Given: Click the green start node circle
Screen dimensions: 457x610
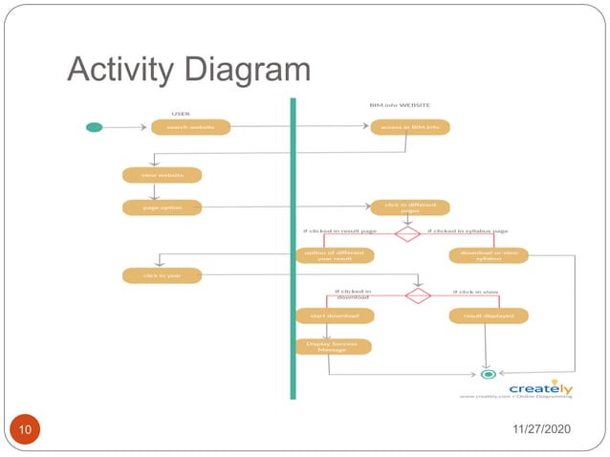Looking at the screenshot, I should tap(94, 127).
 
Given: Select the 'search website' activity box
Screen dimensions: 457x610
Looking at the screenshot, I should tap(190, 127).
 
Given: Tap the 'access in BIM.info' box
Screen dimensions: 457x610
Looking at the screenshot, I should tap(409, 127).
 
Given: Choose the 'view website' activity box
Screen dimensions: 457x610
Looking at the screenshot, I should tap(162, 175).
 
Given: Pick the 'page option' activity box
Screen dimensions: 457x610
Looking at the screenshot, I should tap(162, 207).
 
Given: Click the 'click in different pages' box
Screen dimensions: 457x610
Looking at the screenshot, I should tap(409, 207).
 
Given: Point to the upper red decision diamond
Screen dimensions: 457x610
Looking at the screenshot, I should tap(408, 232).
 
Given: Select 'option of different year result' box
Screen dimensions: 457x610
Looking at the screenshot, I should tap(334, 255).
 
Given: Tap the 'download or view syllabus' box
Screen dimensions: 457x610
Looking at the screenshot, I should tap(488, 255).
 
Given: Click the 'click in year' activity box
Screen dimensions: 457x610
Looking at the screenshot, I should tap(162, 275).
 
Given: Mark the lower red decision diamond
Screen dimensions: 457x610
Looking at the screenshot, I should tap(418, 295).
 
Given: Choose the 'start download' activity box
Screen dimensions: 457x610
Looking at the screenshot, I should tap(334, 315).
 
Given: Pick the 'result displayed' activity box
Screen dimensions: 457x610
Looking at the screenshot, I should tap(488, 315).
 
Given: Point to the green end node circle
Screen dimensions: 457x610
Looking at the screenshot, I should tap(488, 374).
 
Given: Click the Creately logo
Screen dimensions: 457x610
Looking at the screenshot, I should tap(540, 388).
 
